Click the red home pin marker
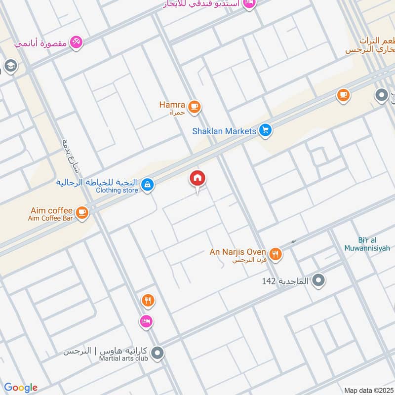tap(198, 179)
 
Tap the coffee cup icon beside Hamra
tap(195, 106)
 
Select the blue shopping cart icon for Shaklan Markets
tap(266, 131)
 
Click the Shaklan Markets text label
tap(224, 131)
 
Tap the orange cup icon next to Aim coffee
tap(82, 213)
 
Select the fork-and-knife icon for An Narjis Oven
tap(275, 254)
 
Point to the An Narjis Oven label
tap(238, 252)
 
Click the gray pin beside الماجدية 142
tap(319, 281)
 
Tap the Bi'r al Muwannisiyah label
tap(367, 244)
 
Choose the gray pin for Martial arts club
tap(158, 353)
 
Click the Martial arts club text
tap(123, 359)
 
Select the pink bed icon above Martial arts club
tap(146, 321)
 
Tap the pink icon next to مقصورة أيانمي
tap(76, 42)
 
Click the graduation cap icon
tap(10, 65)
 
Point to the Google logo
tap(21, 388)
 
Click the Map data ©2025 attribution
tap(368, 390)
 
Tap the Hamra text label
tap(172, 105)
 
